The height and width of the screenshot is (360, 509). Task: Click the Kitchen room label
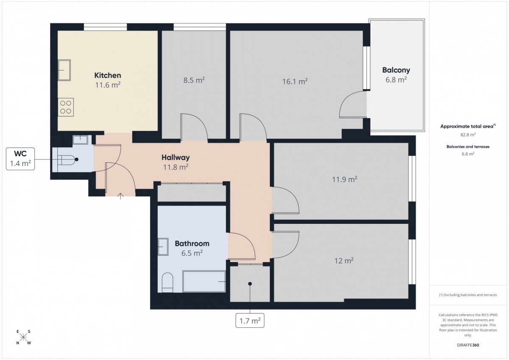click(107, 75)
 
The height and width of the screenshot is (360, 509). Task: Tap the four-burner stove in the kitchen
click(66, 107)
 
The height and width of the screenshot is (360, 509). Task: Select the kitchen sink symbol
click(64, 70)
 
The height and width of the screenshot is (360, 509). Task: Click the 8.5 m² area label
click(194, 80)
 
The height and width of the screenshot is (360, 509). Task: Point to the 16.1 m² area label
click(295, 81)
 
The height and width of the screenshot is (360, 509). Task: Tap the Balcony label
click(396, 70)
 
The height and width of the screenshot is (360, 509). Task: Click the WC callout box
click(20, 159)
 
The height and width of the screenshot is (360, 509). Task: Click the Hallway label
click(176, 157)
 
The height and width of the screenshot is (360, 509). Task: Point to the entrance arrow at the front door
click(120, 196)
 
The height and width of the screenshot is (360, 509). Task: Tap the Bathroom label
click(192, 243)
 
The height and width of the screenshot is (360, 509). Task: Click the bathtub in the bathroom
click(204, 281)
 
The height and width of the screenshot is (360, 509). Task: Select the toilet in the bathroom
click(168, 282)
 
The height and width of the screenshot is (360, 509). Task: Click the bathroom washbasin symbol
click(163, 247)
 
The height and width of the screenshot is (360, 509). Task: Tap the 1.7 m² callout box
click(250, 321)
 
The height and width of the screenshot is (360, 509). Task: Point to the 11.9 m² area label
click(345, 179)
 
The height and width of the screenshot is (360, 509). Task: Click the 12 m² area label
click(344, 260)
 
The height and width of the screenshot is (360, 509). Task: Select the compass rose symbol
click(23, 337)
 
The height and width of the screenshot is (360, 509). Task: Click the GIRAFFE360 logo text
click(468, 345)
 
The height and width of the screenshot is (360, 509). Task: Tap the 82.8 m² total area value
click(468, 135)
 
